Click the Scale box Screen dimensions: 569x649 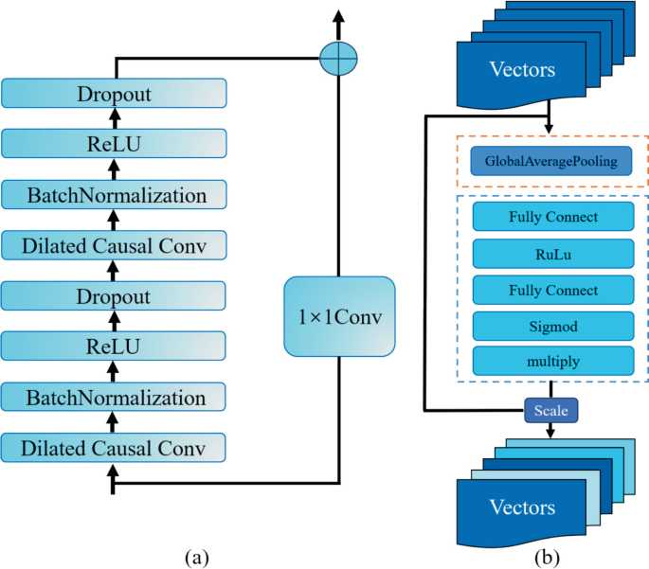(550, 411)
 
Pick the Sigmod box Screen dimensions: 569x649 (551, 325)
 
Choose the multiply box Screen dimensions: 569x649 (551, 361)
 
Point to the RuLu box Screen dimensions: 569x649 (551, 253)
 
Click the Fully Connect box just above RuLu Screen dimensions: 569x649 (551, 217)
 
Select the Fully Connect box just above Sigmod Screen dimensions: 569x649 (551, 289)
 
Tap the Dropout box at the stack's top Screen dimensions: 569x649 (114, 94)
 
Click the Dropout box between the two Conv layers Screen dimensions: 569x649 (114, 296)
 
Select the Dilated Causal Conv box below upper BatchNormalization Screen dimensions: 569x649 (114, 246)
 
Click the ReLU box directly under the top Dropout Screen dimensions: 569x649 (114, 144)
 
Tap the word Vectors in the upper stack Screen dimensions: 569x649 (522, 69)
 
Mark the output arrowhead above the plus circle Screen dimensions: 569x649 (338, 16)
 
